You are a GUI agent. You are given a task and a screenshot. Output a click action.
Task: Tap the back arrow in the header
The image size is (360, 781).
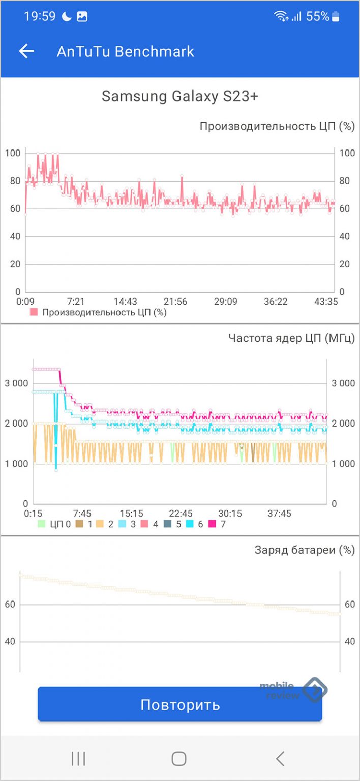[x=26, y=51]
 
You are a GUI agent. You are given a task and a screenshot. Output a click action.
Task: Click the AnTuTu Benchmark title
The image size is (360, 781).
[x=125, y=51]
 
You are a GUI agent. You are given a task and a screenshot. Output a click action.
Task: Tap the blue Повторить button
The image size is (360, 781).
[x=180, y=704]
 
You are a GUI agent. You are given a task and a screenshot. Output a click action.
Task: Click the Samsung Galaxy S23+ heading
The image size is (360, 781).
[x=180, y=96]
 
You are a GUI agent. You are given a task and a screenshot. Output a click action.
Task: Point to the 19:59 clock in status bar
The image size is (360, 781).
[x=40, y=16]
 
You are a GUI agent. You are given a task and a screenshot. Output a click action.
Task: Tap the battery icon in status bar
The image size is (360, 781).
[x=336, y=16]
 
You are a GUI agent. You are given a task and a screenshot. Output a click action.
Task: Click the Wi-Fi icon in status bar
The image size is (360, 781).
[x=280, y=16]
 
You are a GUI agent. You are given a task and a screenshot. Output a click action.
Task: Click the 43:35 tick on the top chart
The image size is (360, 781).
[x=325, y=302]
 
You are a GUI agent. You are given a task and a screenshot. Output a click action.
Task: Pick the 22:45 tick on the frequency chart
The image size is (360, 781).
[x=181, y=514]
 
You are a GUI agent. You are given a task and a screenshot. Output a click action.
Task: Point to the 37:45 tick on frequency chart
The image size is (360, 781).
[x=279, y=514]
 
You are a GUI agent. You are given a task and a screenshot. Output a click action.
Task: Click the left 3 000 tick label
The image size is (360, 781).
[x=17, y=383]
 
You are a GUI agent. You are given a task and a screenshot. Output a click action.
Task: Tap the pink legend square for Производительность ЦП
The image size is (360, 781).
[x=34, y=312]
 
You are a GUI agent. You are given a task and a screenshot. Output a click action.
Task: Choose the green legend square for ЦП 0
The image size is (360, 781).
[x=42, y=524]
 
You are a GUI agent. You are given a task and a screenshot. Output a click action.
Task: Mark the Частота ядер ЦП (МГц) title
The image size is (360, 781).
[x=291, y=338]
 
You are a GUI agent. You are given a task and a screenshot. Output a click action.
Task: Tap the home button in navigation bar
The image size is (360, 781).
[x=179, y=759]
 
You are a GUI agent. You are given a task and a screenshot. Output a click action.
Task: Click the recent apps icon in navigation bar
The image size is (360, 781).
[x=78, y=759]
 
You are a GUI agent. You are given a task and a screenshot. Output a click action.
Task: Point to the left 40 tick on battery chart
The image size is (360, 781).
[x=10, y=642]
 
